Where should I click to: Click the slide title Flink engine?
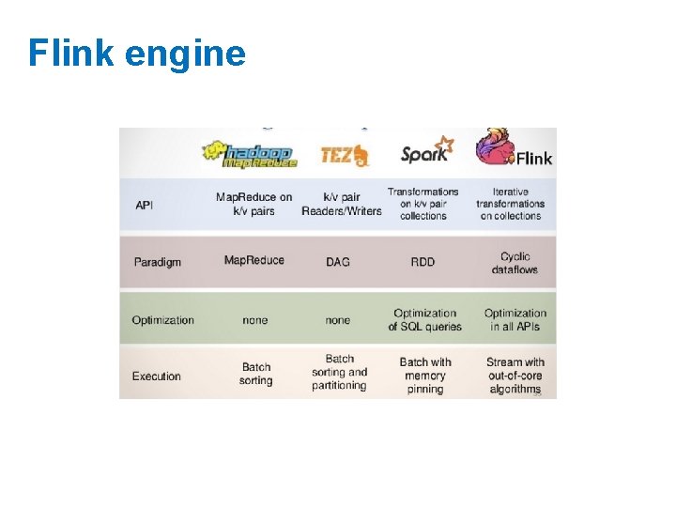[136, 54]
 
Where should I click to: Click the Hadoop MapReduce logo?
[250, 153]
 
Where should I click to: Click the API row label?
[144, 205]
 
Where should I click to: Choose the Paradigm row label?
[156, 262]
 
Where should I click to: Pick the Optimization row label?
[162, 320]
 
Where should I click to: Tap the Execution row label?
[156, 376]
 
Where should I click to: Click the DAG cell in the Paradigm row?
[337, 262]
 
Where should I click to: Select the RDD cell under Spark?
[422, 262]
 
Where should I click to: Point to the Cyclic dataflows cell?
[515, 263]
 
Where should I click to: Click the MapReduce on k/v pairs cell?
[253, 204]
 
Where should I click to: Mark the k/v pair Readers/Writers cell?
[341, 204]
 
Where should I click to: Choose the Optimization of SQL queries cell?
[424, 320]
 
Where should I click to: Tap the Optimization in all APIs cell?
[515, 320]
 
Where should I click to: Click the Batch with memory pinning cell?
[424, 376]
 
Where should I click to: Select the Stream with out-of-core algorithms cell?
[515, 376]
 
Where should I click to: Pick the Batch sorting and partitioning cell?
[339, 372]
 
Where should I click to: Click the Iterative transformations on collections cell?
[511, 204]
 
